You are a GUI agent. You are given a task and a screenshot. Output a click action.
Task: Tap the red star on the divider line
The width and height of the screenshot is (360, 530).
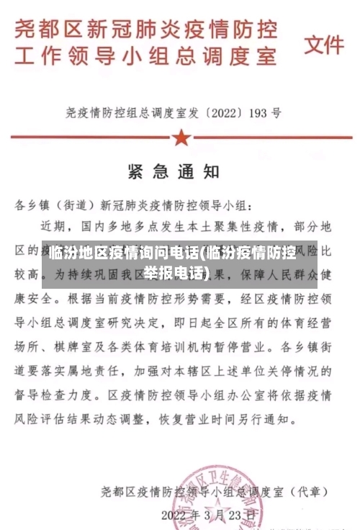pyautogui.click(x=181, y=137)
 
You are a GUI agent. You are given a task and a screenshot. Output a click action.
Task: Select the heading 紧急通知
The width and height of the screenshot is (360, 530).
pyautogui.click(x=174, y=172)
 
